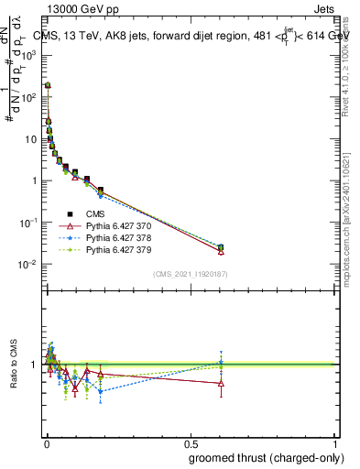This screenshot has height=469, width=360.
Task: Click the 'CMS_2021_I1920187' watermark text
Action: point(190,274)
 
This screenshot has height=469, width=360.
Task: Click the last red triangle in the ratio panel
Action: point(221,383)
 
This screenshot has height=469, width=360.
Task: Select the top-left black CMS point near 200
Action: point(48,85)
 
